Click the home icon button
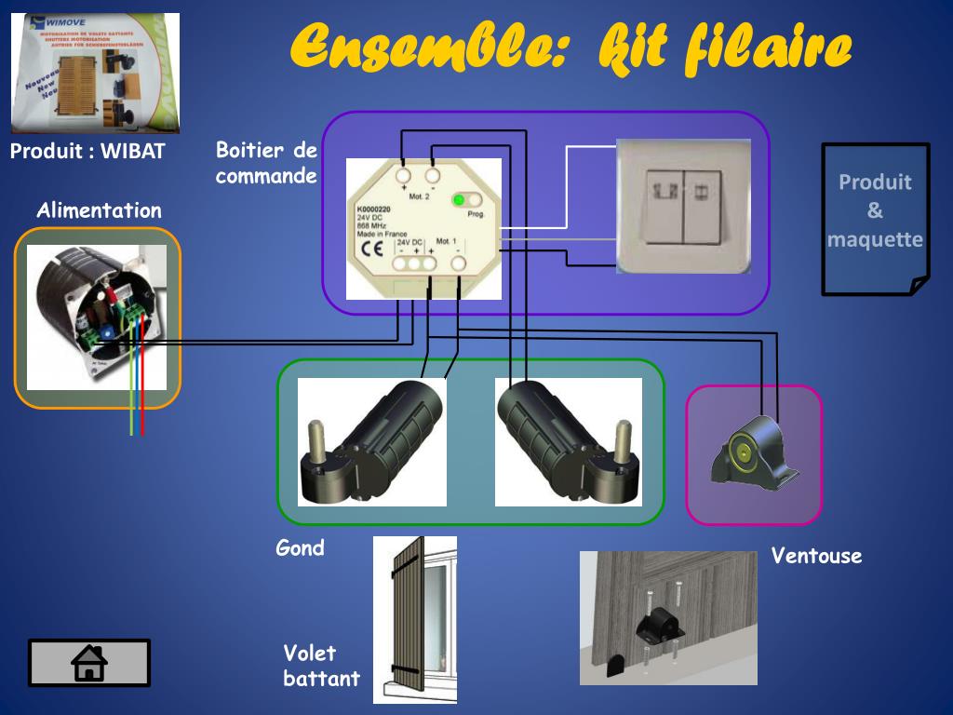pyautogui.click(x=89, y=663)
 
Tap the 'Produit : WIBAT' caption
pyautogui.click(x=87, y=152)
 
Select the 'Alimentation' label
pyautogui.click(x=99, y=210)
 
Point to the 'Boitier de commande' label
pyautogui.click(x=266, y=162)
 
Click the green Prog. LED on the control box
pyautogui.click(x=459, y=200)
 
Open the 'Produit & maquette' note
pyautogui.click(x=875, y=220)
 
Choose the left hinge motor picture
pyautogui.click(x=371, y=441)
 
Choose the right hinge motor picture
pyautogui.click(x=568, y=441)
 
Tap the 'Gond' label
pyautogui.click(x=301, y=547)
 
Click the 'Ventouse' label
pyautogui.click(x=816, y=556)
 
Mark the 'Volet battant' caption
pyautogui.click(x=322, y=666)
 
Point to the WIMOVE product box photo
pyautogui.click(x=96, y=74)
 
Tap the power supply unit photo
pyautogui.click(x=96, y=317)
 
